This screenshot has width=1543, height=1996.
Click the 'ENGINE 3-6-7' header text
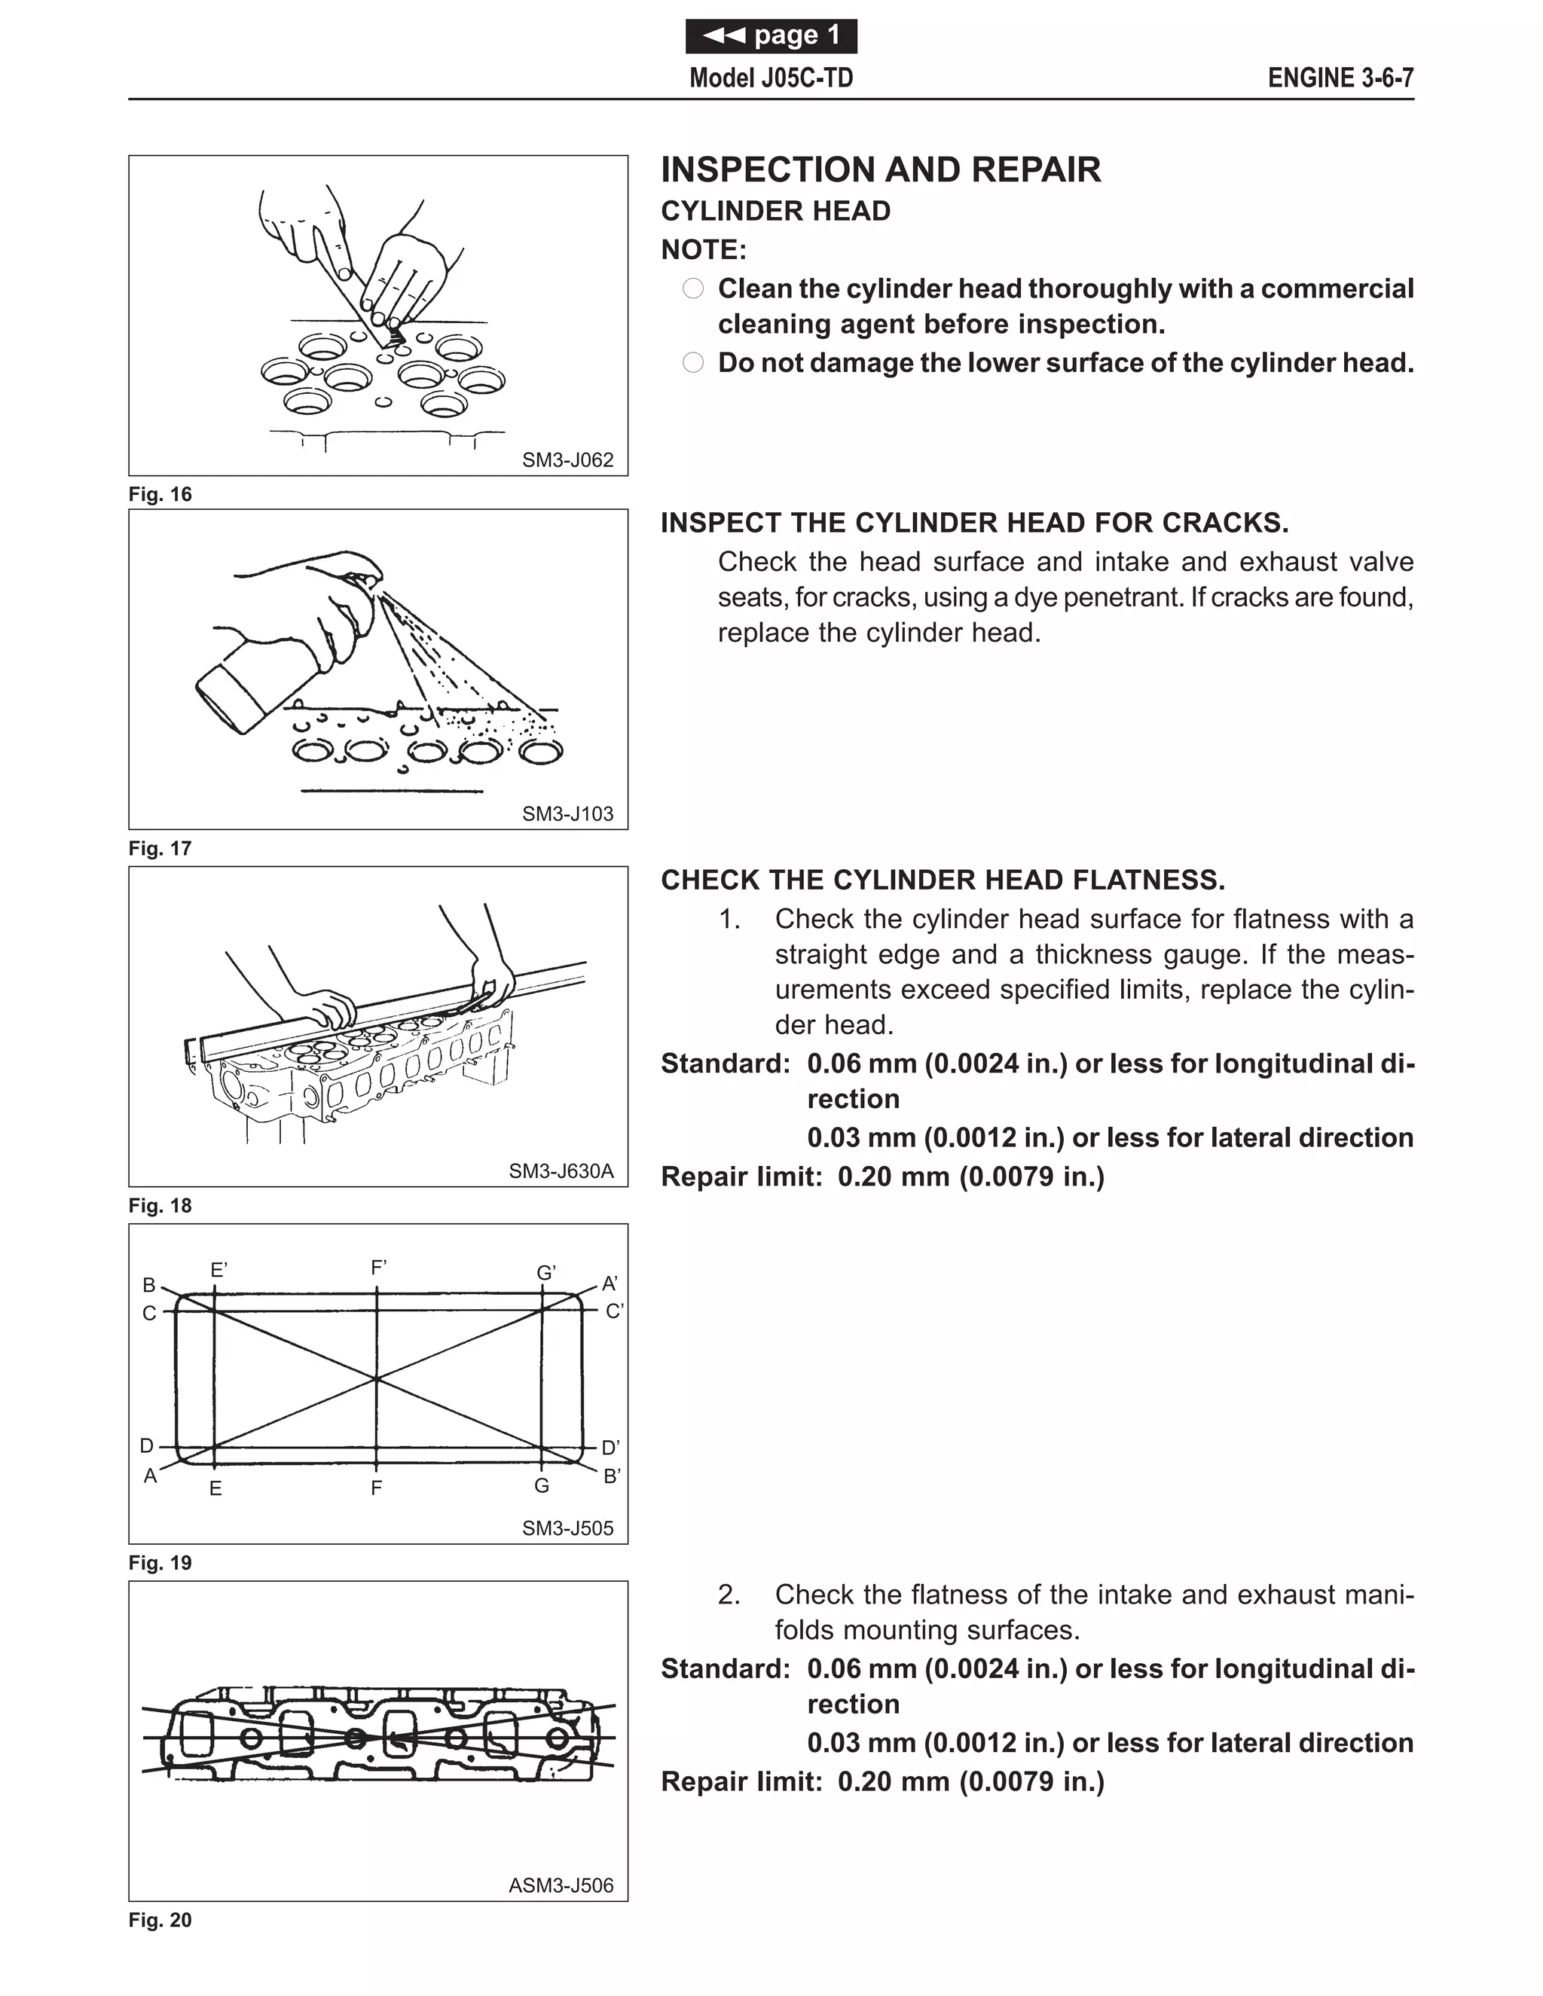pos(1340,78)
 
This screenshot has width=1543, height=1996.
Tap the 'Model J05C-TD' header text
pos(771,78)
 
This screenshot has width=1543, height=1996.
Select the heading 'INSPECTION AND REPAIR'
pos(880,170)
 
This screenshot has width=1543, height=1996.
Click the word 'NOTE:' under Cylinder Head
pos(703,249)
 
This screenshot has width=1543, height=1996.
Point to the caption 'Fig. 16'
pos(160,494)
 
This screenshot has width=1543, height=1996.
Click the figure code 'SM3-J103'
pos(567,813)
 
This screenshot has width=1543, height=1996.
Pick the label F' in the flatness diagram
pos(378,1268)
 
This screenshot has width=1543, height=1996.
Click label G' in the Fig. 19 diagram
pos(545,1273)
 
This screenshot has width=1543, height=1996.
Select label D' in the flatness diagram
pos(610,1448)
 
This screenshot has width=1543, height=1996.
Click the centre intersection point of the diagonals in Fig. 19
pos(377,1378)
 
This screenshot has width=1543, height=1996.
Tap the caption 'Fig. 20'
pos(160,1920)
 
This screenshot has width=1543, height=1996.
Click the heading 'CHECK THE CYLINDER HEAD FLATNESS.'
pos(943,880)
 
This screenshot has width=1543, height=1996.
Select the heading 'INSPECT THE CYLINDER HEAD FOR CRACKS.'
pos(974,523)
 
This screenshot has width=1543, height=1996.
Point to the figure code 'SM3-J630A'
pos(561,1170)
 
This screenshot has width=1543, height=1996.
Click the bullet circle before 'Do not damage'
pos(693,363)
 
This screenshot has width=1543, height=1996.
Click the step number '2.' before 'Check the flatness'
pos(729,1595)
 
